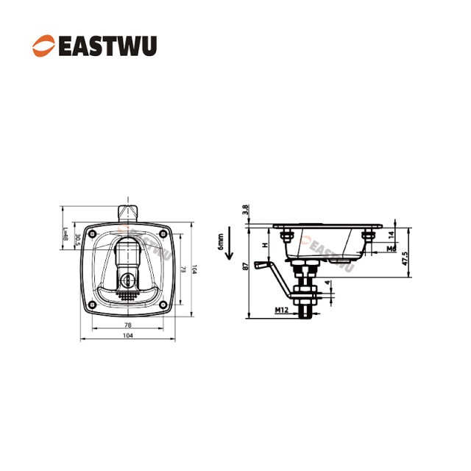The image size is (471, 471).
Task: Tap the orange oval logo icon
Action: (x=42, y=46)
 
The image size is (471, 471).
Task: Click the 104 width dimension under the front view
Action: (x=128, y=336)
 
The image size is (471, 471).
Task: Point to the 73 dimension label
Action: (x=183, y=269)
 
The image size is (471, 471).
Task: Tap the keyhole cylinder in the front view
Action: (x=129, y=280)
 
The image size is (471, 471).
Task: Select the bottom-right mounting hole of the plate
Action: (x=166, y=305)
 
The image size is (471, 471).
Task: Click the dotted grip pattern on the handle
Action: (x=128, y=297)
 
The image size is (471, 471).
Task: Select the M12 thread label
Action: (x=282, y=311)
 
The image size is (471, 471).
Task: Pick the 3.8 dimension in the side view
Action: (x=246, y=210)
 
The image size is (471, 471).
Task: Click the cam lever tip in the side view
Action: (x=258, y=265)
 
